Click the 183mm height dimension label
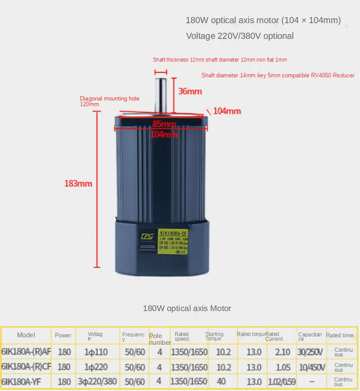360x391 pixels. (78, 183)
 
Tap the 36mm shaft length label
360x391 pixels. (190, 91)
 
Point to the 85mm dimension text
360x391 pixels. (164, 124)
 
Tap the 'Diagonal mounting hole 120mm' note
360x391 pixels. (109, 101)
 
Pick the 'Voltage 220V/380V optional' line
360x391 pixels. (240, 36)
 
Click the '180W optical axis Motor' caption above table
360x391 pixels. (187, 308)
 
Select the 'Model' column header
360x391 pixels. (26, 335)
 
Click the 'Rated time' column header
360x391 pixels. (339, 335)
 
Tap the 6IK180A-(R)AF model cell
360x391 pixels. (26, 352)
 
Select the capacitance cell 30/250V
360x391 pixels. (311, 352)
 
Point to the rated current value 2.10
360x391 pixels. (283, 352)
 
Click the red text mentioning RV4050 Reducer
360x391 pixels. (278, 76)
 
